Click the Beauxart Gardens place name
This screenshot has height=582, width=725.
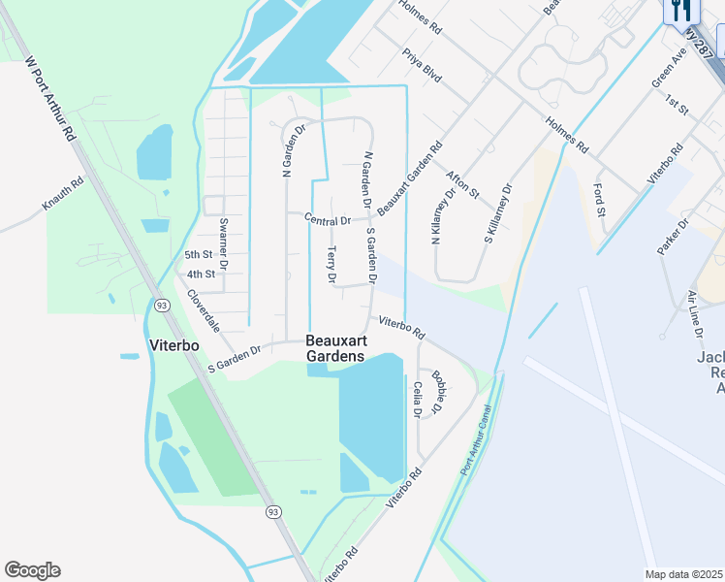tap(335, 348)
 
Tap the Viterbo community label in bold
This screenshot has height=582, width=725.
tap(174, 344)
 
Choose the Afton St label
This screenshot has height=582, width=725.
tap(462, 184)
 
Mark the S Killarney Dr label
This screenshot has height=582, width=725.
tap(497, 213)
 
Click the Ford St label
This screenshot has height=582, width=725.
tap(599, 200)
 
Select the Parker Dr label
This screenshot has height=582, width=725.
tap(672, 237)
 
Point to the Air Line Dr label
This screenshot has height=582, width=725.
tap(694, 313)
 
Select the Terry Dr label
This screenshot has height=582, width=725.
tap(331, 265)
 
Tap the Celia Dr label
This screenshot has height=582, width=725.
tap(418, 400)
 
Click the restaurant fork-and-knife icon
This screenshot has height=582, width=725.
tap(682, 10)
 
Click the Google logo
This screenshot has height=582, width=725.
tap(32, 570)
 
